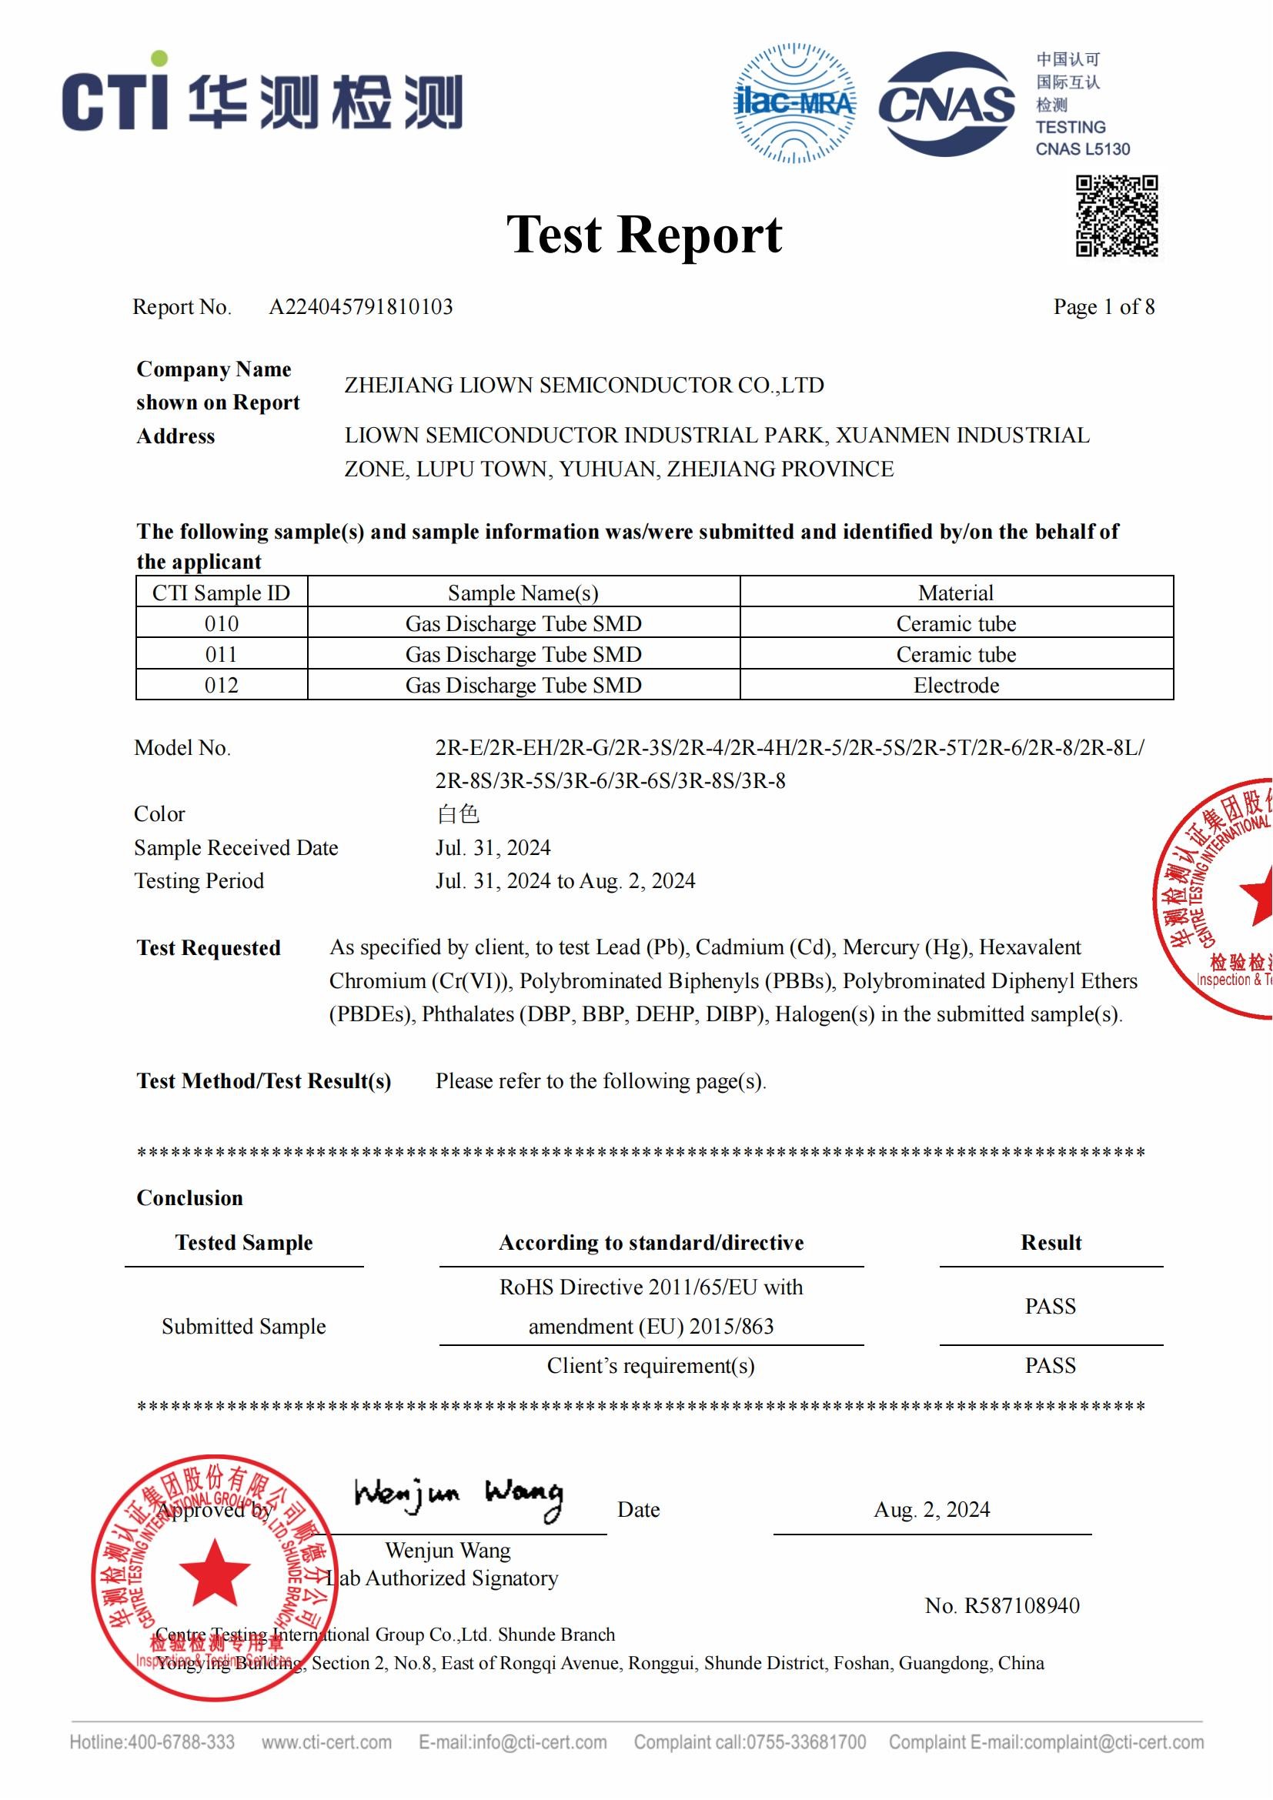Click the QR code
(x=1116, y=215)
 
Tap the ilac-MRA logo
(x=794, y=103)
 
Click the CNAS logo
(x=946, y=103)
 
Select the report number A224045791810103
(x=360, y=306)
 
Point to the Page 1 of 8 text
(x=1103, y=306)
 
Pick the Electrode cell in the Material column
(x=956, y=685)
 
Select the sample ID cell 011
(x=221, y=654)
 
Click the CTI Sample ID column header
(x=221, y=593)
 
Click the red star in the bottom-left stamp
(x=214, y=1571)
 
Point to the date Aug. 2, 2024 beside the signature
(x=931, y=1509)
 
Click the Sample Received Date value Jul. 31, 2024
(x=493, y=847)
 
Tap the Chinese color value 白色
(x=458, y=813)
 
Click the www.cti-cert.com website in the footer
(x=326, y=1742)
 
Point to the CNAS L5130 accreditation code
(x=1083, y=149)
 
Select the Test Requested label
(x=209, y=948)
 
